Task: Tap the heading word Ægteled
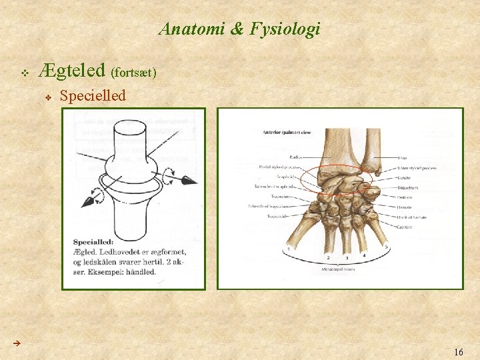[x=73, y=69]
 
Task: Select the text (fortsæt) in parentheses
[x=134, y=72]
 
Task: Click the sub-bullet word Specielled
[x=93, y=96]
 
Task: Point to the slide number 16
[x=458, y=351]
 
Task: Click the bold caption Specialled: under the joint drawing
[x=94, y=243]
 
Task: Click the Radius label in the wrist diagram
[x=296, y=157]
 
